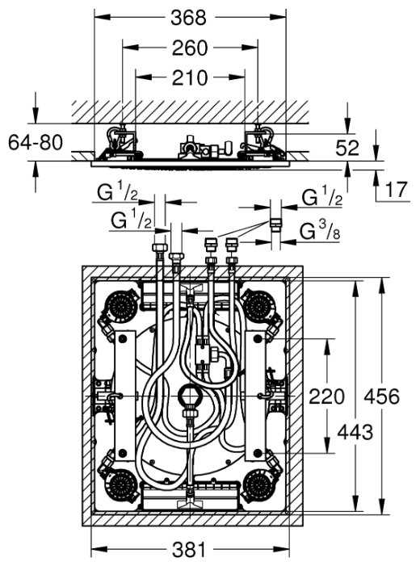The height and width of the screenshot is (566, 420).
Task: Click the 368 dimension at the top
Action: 189,17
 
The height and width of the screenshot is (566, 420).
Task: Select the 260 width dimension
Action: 189,48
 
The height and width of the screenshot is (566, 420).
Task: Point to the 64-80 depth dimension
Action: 35,143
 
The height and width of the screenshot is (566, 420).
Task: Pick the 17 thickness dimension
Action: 395,191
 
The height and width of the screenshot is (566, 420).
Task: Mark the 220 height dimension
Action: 326,397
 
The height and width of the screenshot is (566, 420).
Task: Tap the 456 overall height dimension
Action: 381,397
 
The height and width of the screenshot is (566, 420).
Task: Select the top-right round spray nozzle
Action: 258,306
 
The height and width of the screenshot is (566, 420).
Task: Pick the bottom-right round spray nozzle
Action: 258,483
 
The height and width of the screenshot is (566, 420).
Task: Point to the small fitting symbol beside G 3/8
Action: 275,222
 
